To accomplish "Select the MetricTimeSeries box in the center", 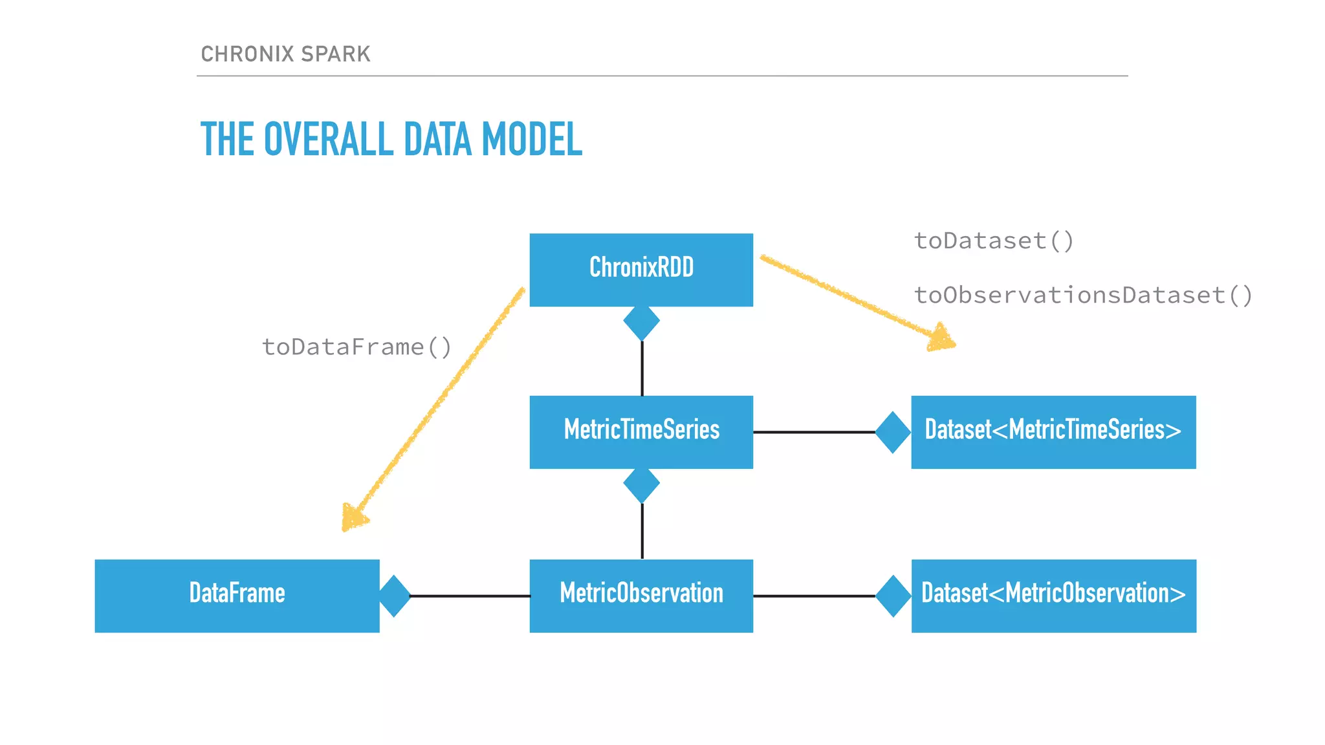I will pos(641,431).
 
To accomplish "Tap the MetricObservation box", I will pos(641,595).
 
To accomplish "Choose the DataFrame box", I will pos(237,595).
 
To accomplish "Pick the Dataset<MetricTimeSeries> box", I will pos(1053,431).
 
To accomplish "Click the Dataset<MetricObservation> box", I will pos(1053,595).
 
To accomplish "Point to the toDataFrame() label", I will pos(356,347).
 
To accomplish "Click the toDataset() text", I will pos(994,241).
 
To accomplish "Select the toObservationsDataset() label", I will pos(1083,296).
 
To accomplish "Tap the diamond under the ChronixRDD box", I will pos(641,321).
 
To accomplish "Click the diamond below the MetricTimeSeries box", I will pos(641,484).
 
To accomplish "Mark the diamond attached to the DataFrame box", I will pos(394,596).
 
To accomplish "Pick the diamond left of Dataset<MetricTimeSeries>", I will pos(893,432).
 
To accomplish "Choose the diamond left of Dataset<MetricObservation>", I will pos(893,596).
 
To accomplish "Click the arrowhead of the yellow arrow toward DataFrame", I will pos(353,518).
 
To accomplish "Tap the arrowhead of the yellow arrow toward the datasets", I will pos(941,338).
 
